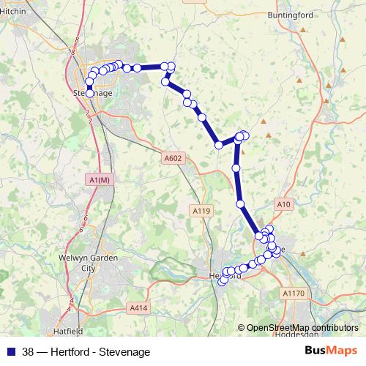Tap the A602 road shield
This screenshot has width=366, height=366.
(173, 157)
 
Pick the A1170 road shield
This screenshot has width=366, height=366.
(294, 292)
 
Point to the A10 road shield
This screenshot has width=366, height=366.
(284, 203)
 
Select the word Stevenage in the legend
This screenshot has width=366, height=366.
(127, 351)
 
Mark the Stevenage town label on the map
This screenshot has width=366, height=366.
(93, 94)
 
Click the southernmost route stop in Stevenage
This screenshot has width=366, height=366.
(89, 93)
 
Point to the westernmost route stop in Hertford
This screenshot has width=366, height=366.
(220, 282)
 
